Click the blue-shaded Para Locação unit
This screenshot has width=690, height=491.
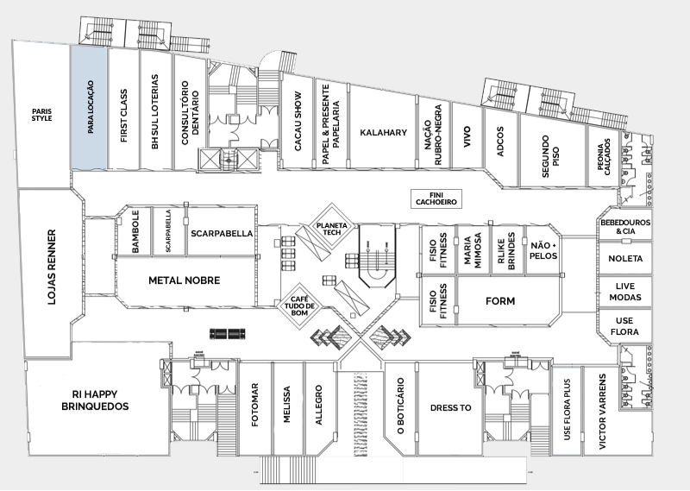point(89,108)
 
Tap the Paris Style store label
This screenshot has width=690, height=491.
point(42,114)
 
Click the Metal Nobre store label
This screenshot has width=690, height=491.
point(184,280)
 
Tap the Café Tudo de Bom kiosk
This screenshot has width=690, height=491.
point(302,305)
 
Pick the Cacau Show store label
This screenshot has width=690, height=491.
point(298,121)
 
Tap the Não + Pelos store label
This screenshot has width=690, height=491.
point(543,250)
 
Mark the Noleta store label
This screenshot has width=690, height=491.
point(625,258)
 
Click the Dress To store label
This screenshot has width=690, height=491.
point(450,406)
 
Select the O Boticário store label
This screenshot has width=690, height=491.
point(399,406)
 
